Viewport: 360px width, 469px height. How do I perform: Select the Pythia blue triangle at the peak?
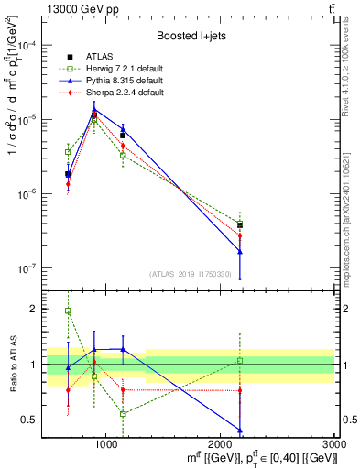point(93,110)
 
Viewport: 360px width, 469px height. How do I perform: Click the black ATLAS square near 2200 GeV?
point(240,224)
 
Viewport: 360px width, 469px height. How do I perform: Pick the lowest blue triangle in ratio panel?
point(240,430)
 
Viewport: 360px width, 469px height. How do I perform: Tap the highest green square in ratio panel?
point(68,311)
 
